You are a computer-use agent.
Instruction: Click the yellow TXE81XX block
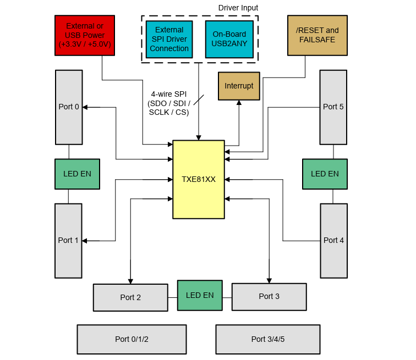[199, 179]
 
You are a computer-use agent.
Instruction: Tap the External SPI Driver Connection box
[169, 39]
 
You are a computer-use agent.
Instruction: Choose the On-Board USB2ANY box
[229, 39]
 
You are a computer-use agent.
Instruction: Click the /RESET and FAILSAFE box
[318, 35]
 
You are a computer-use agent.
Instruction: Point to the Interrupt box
[239, 86]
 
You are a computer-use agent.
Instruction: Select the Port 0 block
[69, 107]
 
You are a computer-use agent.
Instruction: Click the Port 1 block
[68, 240]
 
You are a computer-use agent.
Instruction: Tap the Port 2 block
[130, 297]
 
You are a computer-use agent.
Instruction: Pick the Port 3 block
[269, 296]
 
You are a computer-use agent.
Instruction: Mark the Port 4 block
[333, 240]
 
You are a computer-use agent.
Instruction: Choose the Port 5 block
[333, 107]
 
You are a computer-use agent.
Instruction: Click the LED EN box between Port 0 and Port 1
[77, 174]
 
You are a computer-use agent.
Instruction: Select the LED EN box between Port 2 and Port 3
[200, 295]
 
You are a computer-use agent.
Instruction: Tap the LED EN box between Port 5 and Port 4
[325, 174]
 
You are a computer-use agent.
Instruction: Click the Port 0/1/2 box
[132, 339]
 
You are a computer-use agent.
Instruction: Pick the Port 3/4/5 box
[267, 339]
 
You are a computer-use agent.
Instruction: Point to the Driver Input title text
[238, 8]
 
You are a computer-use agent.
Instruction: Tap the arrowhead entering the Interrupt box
[239, 103]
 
